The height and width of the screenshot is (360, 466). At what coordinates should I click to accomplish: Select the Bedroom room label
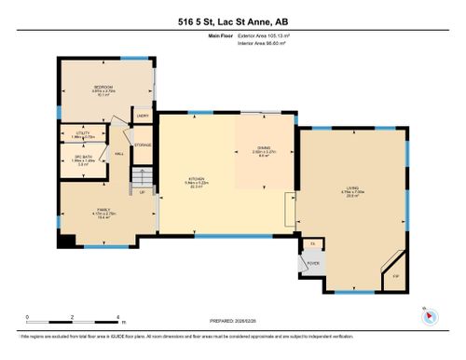[103, 89]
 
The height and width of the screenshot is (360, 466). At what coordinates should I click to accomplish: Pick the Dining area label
[264, 151]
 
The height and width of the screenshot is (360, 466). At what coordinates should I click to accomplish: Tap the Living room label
[352, 191]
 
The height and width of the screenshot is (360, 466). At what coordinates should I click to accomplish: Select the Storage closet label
[143, 145]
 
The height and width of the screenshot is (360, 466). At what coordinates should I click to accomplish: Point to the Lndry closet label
[144, 116]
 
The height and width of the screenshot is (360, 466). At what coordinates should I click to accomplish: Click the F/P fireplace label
[395, 277]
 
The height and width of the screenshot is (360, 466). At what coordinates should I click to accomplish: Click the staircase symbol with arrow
[143, 177]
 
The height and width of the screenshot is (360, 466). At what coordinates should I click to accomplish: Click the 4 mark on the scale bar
[120, 316]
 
